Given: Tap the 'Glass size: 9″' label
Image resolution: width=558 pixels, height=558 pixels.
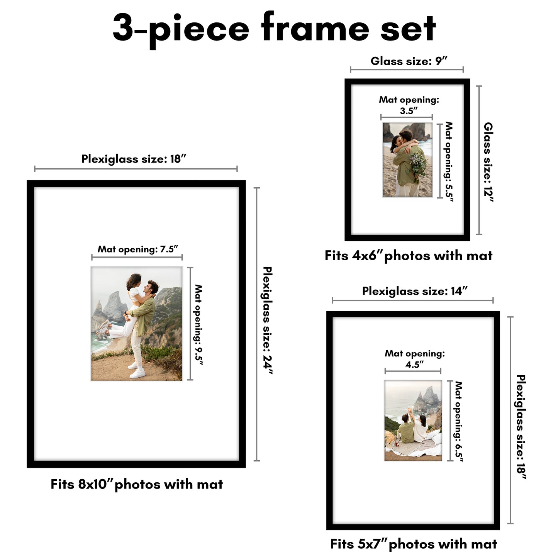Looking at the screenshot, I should pos(409,61).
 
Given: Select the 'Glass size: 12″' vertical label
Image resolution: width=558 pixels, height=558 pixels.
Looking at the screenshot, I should pos(488,162).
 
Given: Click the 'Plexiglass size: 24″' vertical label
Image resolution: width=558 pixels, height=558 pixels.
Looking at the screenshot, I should pos(267,320).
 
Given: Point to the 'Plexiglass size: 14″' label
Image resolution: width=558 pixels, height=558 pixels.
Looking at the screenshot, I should pos(415,291).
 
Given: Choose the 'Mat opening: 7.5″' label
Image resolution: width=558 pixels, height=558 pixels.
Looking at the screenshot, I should pos(137,249).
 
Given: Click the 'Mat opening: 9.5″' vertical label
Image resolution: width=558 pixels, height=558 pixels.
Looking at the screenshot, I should pos(198,324).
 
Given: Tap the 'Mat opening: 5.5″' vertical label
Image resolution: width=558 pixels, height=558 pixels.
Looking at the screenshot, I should pos(448,161).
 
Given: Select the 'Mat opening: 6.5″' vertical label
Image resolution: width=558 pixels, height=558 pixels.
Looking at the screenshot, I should pos(458,421).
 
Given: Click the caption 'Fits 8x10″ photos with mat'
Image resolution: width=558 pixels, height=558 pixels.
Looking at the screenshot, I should pos(137,484).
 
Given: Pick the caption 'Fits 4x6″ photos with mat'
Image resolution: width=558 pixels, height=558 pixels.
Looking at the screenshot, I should pos(409,256).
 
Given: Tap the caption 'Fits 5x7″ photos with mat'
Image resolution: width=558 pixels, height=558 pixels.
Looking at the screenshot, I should pos(414,544).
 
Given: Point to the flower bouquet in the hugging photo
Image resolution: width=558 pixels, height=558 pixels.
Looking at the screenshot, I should pos(418,164).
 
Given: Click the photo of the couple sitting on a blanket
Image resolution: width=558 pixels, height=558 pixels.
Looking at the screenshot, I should pos(413,421).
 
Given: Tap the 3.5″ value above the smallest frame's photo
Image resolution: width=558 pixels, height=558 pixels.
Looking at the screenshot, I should pos(409,111).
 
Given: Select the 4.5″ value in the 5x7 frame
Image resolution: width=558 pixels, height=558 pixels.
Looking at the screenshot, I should pos(414,365).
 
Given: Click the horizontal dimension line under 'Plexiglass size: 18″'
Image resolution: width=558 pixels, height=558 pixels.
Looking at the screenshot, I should pos(136,169).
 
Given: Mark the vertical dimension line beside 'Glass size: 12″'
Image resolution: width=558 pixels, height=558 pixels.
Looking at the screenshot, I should pos(479,160).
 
